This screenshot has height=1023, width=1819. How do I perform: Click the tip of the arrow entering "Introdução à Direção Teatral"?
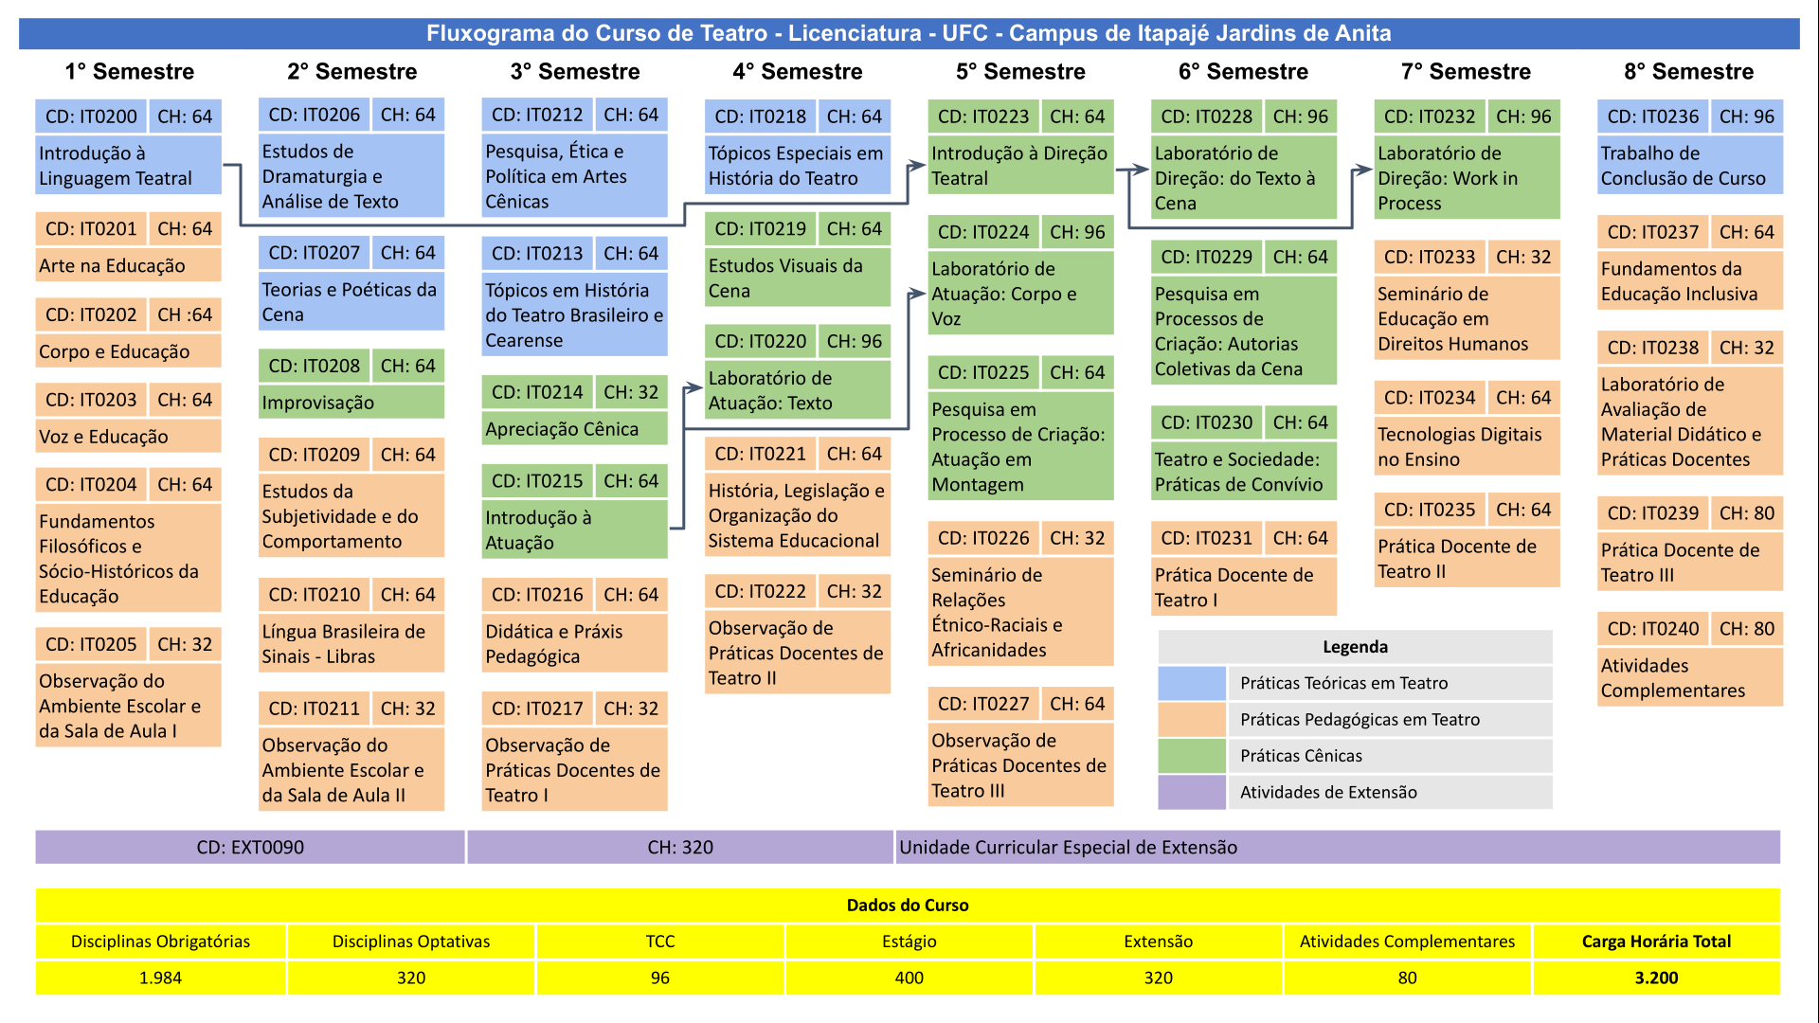pos(926,166)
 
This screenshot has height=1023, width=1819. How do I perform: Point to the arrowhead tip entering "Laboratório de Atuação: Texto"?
pos(703,389)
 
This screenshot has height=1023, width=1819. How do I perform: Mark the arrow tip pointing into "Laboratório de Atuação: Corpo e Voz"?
pos(926,294)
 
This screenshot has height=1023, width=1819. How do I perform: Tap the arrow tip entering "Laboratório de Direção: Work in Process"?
pos(1372,170)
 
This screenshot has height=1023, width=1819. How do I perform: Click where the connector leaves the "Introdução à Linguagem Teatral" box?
pos(224,166)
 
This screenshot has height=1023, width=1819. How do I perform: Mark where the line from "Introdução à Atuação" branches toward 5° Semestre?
pos(683,428)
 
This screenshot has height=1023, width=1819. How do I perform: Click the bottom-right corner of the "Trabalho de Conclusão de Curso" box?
pos(1783,194)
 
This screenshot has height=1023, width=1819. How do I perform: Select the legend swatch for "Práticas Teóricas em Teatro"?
pos(1192,683)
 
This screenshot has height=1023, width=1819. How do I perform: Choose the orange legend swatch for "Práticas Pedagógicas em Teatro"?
pos(1192,720)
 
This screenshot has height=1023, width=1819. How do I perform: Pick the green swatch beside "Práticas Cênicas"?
pos(1192,756)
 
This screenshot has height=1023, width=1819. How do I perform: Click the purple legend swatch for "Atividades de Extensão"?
pos(1192,793)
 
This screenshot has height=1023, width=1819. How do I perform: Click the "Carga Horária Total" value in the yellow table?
pos(1656,978)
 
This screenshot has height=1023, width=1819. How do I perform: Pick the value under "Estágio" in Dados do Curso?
pos(909,978)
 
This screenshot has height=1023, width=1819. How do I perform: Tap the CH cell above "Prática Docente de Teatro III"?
pos(1747,513)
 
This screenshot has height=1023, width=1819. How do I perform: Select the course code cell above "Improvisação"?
pos(315,366)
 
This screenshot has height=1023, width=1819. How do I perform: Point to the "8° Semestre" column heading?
pos(1688,71)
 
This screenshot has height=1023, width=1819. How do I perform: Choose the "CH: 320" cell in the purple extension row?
pos(680,848)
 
